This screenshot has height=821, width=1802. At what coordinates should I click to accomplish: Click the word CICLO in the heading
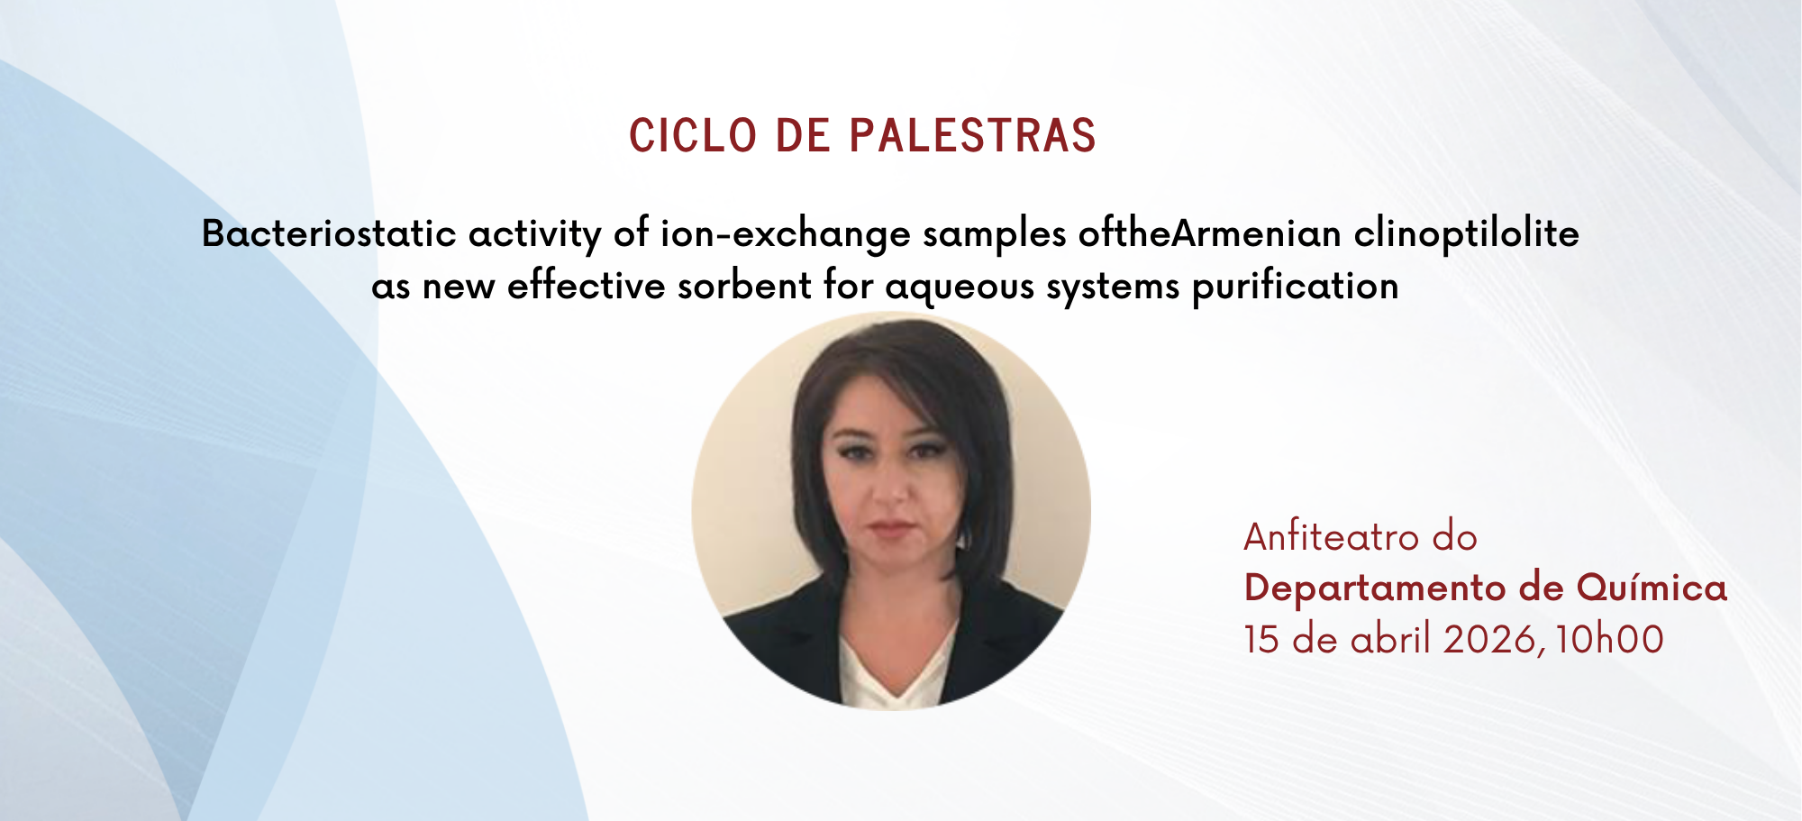point(693,136)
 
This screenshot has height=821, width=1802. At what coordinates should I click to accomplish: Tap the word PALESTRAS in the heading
point(973,136)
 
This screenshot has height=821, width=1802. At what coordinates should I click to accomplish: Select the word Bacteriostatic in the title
point(329,234)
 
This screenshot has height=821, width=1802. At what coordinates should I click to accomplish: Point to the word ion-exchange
point(786,235)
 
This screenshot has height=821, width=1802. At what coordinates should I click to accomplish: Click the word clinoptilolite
point(1467,234)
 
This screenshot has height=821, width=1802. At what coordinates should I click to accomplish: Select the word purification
point(1296,287)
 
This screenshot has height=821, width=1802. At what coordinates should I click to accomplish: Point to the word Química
point(1652,588)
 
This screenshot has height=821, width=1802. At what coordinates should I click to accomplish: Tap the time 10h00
point(1609,640)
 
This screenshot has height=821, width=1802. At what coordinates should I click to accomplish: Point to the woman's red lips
point(892,527)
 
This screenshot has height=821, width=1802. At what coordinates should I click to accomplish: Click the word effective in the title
point(587,287)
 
